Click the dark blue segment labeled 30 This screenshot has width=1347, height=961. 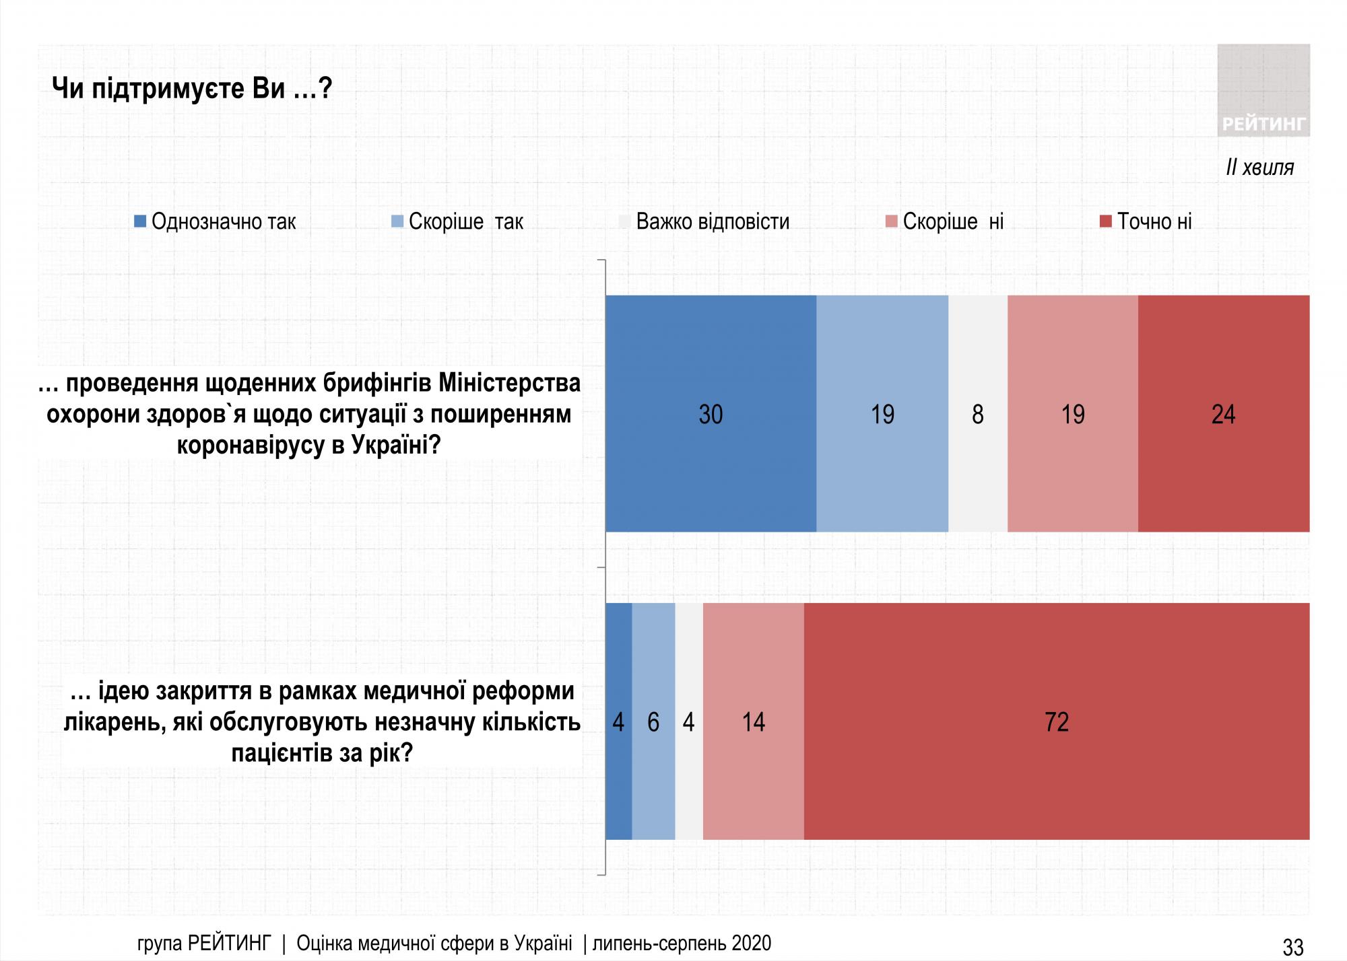click(x=711, y=413)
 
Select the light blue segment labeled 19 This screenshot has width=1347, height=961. click(x=882, y=413)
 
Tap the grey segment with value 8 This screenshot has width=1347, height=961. click(x=978, y=413)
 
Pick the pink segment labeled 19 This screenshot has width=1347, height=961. click(x=1073, y=413)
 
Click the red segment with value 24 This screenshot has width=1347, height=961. click(x=1224, y=413)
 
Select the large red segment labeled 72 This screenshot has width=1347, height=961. click(x=1057, y=721)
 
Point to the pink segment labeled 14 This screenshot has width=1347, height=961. click(x=753, y=721)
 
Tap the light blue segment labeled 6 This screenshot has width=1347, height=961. click(x=653, y=721)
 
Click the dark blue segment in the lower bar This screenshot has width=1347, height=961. click(x=618, y=721)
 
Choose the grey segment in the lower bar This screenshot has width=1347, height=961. click(x=689, y=721)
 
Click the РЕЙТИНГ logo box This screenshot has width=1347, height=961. click(x=1263, y=90)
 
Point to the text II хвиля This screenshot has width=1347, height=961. click(x=1259, y=167)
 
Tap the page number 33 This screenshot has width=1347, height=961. click(x=1292, y=946)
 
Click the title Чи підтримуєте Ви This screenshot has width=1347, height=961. click(x=192, y=88)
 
